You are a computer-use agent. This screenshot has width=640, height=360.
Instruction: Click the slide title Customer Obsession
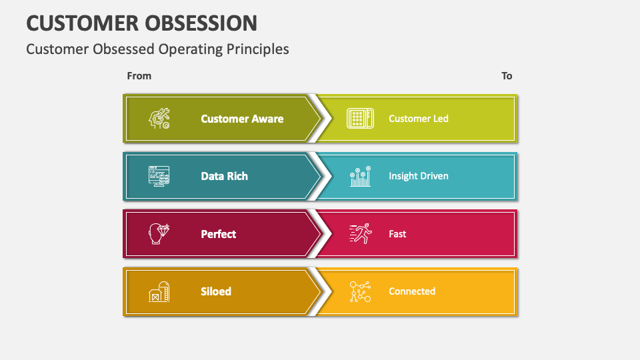point(141,23)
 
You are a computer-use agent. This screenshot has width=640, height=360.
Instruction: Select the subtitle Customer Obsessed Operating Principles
point(157,49)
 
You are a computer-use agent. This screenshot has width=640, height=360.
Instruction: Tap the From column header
point(139,76)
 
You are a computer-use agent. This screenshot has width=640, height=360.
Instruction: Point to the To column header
point(507,76)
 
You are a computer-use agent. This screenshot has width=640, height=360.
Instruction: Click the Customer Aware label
point(242,119)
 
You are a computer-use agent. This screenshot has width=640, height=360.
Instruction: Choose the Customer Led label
point(418,119)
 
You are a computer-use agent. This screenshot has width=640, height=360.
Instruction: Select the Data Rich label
point(224,176)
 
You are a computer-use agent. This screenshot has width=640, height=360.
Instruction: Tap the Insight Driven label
point(418,176)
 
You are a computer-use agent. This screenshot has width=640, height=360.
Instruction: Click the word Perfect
point(218,234)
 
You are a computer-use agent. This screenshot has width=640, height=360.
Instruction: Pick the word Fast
point(397,234)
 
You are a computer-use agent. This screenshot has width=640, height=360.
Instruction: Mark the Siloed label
point(216,291)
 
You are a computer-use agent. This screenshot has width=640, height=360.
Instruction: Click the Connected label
point(411,291)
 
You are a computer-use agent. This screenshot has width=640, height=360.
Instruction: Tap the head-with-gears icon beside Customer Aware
point(159,119)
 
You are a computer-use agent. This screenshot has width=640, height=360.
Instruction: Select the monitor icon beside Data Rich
point(159,176)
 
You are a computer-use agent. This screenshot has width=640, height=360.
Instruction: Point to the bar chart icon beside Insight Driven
point(360,177)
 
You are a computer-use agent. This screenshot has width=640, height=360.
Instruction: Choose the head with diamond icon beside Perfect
point(159,234)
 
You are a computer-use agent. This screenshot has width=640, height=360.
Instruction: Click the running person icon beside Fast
point(360,234)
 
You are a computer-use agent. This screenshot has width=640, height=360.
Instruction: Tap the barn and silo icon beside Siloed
point(159,292)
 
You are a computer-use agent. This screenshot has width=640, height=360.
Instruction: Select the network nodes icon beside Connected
point(360,292)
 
